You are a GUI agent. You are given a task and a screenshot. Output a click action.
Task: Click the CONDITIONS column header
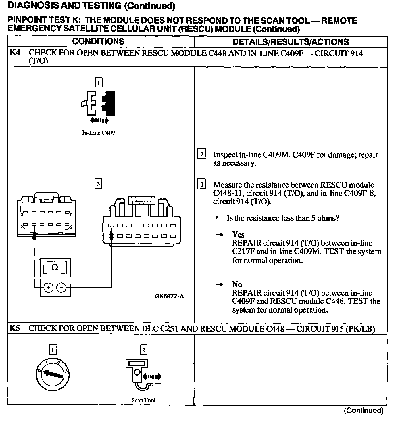[x=98, y=41]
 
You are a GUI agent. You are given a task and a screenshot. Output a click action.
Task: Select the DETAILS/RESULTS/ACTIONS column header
[x=291, y=42]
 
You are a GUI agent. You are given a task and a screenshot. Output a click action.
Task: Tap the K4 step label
[x=14, y=53]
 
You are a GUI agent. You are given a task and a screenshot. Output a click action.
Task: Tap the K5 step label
[x=14, y=328]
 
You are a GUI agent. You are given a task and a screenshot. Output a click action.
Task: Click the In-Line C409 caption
[x=99, y=133]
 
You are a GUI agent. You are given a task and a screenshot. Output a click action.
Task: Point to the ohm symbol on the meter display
[x=55, y=267]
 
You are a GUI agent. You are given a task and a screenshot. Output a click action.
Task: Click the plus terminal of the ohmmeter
[x=49, y=288]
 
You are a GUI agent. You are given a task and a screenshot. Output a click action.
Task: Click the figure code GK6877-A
[x=169, y=296]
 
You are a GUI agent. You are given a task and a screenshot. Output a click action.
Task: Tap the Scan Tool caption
[x=143, y=400]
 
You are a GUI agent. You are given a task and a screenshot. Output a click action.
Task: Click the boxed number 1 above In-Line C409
[x=98, y=83]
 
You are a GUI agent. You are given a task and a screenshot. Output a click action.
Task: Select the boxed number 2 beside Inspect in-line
[x=202, y=154]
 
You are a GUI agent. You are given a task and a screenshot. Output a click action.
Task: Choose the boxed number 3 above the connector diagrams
[x=98, y=184]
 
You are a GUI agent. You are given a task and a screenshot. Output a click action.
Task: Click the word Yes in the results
[x=238, y=234]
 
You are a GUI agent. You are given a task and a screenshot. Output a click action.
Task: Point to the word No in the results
[x=237, y=284]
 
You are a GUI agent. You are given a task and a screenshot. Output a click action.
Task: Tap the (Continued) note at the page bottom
[x=363, y=411]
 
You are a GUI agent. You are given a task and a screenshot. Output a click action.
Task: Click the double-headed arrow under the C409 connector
[x=99, y=121]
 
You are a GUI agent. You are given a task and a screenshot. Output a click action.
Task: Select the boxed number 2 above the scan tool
[x=143, y=350]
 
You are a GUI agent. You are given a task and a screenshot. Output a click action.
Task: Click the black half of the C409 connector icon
[x=109, y=103]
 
